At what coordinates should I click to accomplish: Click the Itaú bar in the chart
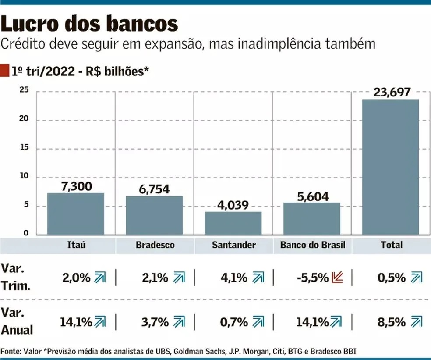click(x=76, y=214)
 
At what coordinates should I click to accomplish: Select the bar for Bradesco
click(x=154, y=215)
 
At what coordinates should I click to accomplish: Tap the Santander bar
click(x=233, y=223)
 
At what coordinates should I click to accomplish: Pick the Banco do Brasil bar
click(x=311, y=218)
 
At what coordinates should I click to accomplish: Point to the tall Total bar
click(x=390, y=167)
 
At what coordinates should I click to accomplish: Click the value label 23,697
click(x=392, y=93)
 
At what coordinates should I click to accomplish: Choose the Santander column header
click(x=233, y=245)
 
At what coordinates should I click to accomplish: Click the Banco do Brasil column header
click(x=312, y=245)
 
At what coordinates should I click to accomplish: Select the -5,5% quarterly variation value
click(x=312, y=278)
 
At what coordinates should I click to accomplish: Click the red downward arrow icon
click(x=337, y=278)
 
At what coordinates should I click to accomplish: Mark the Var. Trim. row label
click(x=16, y=277)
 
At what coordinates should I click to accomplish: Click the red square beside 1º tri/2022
click(x=4, y=71)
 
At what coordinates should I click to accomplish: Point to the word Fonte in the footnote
click(x=11, y=351)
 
